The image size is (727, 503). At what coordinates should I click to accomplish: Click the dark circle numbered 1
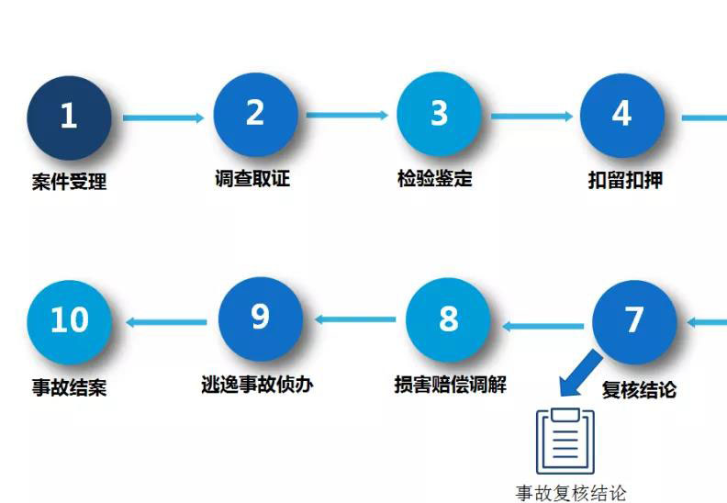pyautogui.click(x=69, y=117)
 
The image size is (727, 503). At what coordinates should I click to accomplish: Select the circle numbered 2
pyautogui.click(x=255, y=114)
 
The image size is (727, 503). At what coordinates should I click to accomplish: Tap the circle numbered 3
pyautogui.click(x=439, y=114)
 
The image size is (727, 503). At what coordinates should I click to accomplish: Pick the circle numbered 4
pyautogui.click(x=621, y=114)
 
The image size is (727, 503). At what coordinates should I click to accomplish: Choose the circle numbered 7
pyautogui.click(x=634, y=320)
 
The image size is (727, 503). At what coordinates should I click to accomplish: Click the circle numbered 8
pyautogui.click(x=448, y=319)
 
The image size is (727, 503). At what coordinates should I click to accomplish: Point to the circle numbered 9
pyautogui.click(x=261, y=318)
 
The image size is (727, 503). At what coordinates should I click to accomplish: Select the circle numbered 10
pyautogui.click(x=69, y=320)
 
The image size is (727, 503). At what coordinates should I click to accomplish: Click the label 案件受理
pyautogui.click(x=69, y=182)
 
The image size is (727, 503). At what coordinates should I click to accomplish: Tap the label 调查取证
pyautogui.click(x=252, y=178)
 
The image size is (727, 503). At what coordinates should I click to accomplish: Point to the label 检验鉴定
pyautogui.click(x=435, y=178)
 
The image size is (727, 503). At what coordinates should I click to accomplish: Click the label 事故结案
pyautogui.click(x=69, y=387)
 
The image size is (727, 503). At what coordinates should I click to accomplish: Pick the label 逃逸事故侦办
pyautogui.click(x=257, y=384)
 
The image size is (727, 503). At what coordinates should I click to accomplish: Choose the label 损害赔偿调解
pyautogui.click(x=449, y=384)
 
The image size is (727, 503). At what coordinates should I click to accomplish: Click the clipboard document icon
pyautogui.click(x=565, y=441)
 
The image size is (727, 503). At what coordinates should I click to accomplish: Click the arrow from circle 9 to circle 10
pyautogui.click(x=166, y=321)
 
